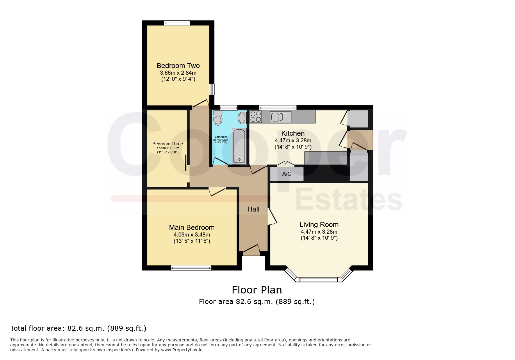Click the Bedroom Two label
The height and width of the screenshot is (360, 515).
(x=178, y=66)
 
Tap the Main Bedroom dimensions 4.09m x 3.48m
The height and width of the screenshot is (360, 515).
(x=192, y=234)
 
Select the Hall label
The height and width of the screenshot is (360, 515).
(x=253, y=209)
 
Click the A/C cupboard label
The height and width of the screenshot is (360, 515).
(x=287, y=174)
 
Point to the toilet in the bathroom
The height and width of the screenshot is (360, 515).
(x=218, y=117)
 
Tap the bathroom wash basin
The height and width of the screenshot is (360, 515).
(x=242, y=118)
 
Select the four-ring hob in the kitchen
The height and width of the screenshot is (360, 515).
(x=256, y=117)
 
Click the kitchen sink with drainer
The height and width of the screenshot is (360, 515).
(x=281, y=117)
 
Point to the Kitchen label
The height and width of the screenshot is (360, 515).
(x=293, y=133)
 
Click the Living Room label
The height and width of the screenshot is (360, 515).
(x=319, y=225)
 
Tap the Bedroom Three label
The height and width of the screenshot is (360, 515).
(x=168, y=144)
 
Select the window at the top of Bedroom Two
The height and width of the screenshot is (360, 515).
(x=177, y=23)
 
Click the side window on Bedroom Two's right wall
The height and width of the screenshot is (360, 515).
(x=212, y=89)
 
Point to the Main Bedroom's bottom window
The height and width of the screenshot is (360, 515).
(x=191, y=268)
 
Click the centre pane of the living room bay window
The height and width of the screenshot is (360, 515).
(x=319, y=280)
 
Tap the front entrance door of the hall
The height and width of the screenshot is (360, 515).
(x=251, y=250)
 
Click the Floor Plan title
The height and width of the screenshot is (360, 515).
(x=257, y=290)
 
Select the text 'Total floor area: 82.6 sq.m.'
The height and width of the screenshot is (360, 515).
(x=57, y=328)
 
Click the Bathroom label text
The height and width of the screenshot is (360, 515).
(x=221, y=137)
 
